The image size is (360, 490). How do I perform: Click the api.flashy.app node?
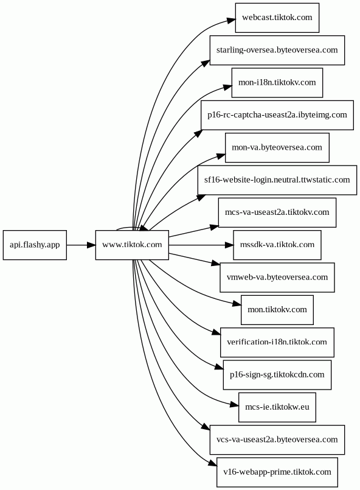tap(35, 245)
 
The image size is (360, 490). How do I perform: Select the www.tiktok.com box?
tap(132, 245)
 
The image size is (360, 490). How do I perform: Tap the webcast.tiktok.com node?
tap(277, 18)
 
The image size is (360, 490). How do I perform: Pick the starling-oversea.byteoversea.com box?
tap(277, 51)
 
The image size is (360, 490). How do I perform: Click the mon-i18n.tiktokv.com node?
tap(277, 83)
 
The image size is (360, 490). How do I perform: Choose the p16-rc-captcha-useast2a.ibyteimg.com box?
tap(277, 115)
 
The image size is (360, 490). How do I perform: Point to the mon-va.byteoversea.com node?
tap(277, 148)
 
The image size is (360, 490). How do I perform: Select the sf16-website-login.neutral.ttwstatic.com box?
tap(277, 180)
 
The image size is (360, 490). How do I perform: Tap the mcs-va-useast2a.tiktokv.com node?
tap(277, 212)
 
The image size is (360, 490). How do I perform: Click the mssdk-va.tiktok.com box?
tap(277, 245)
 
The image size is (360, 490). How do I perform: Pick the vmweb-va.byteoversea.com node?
tap(277, 278)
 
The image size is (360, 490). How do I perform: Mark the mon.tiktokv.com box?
tap(277, 310)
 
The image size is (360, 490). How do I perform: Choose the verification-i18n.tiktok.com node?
tap(277, 343)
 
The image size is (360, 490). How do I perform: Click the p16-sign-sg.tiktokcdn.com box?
tap(277, 375)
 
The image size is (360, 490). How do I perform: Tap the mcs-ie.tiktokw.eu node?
tap(277, 407)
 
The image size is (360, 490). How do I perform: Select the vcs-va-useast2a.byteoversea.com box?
tap(277, 440)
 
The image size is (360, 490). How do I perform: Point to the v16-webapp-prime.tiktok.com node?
tap(277, 472)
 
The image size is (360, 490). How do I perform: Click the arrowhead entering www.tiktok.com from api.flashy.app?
tap(91, 245)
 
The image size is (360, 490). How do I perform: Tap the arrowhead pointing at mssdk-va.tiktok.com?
tap(229, 245)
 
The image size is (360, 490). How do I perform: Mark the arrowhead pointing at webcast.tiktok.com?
tap(231, 20)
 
